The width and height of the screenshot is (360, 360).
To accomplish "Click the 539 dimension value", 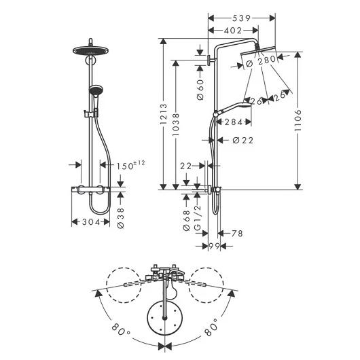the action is tap(241, 18).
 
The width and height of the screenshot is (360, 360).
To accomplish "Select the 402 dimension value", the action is tap(233, 31).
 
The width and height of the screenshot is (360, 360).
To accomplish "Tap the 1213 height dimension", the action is tap(164, 114).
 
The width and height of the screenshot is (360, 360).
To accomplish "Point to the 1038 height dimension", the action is tap(176, 124).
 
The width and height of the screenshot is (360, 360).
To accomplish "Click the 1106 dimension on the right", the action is tap(298, 120).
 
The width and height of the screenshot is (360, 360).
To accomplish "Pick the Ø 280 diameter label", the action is tap(261, 61).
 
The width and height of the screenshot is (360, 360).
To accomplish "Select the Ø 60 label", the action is tap(200, 90).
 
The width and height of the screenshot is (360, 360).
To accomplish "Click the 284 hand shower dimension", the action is tap(233, 122).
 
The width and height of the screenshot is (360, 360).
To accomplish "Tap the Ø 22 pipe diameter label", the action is tap(243, 140).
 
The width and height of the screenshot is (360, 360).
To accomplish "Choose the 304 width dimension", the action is tap(91, 222).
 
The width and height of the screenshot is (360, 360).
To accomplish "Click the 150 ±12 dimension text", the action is tap(130, 165).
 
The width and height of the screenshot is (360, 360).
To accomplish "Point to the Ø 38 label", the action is tap(120, 218).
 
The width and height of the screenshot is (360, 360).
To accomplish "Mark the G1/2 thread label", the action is tap(198, 217).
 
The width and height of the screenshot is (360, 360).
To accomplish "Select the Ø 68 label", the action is tap(186, 220).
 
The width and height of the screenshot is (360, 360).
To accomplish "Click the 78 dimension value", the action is tap(237, 234).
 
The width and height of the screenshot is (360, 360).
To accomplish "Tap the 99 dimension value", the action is tap(214, 246).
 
